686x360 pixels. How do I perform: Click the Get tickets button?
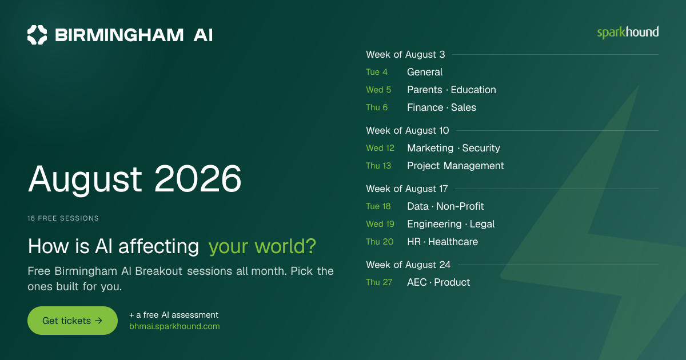73,321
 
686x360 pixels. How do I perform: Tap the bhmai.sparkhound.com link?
174,326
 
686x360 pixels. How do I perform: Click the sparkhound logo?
628,33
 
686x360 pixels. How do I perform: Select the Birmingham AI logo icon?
37,35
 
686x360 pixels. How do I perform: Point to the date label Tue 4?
377,72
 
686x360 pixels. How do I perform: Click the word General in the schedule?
425,72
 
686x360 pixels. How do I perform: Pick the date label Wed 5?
378,90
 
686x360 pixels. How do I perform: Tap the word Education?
473,90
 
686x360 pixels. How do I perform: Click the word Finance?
425,107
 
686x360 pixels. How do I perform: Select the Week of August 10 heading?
407,130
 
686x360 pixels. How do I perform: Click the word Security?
481,148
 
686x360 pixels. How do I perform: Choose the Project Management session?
456,166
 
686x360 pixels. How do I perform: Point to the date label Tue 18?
378,206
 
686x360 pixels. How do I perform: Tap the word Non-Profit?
460,206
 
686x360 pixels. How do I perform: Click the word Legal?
482,224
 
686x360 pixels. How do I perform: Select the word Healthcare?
453,242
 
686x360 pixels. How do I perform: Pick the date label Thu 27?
379,282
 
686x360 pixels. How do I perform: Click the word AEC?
417,282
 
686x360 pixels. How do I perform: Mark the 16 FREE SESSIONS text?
63,218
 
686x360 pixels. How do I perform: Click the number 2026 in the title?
198,178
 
